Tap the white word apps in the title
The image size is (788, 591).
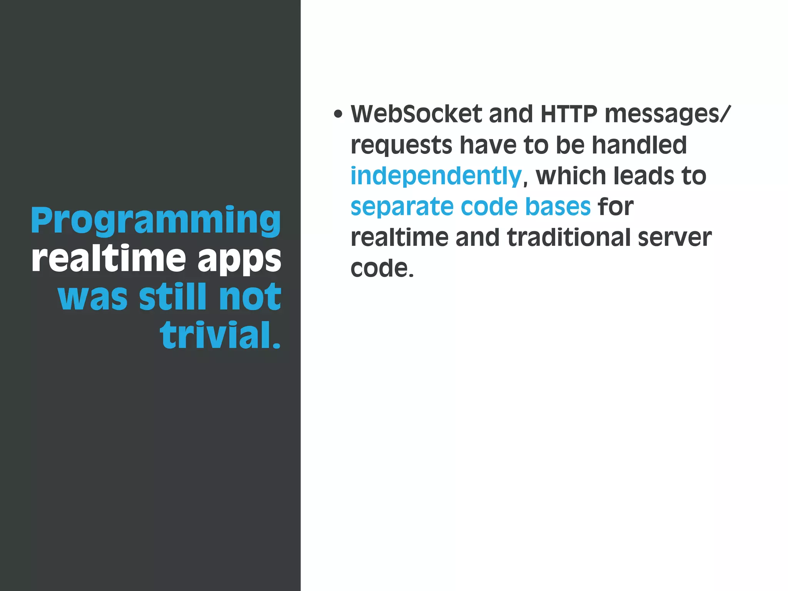[239, 259]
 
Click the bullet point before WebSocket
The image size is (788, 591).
[338, 114]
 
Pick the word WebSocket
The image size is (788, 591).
[416, 114]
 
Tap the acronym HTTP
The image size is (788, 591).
[569, 114]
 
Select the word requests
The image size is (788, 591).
[401, 145]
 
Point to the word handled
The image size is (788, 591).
[639, 145]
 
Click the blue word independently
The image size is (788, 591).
[436, 176]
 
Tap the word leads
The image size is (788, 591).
[644, 176]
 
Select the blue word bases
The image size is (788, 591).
[558, 207]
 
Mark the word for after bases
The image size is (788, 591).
[615, 207]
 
